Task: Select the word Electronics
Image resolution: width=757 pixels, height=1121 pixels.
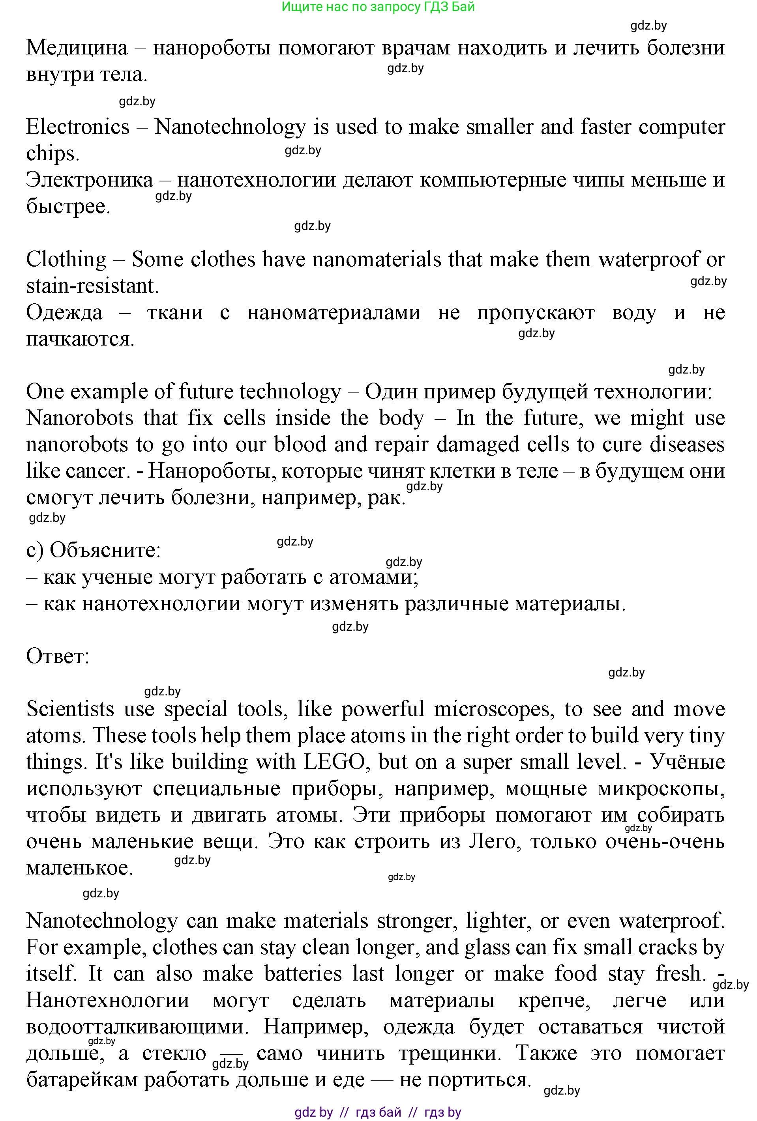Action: coord(78,127)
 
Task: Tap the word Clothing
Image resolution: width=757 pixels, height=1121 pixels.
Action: coord(66,260)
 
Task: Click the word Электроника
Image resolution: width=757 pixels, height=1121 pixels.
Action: coord(89,180)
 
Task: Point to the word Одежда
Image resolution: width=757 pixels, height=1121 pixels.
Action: coord(64,312)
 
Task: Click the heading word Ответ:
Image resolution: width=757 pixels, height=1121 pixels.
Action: coord(58,656)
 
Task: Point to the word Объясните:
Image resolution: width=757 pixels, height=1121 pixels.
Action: coord(105,550)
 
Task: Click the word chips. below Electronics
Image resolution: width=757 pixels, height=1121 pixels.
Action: coord(52,154)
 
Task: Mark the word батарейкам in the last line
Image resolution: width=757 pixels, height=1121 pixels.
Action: coord(82,1080)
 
